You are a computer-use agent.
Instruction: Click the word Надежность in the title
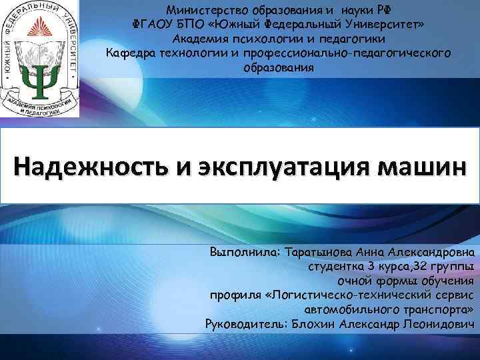[x=87, y=165]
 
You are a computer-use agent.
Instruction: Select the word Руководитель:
[x=244, y=325]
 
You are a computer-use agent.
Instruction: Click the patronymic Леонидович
[x=441, y=325]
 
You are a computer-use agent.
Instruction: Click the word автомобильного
[x=347, y=311]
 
